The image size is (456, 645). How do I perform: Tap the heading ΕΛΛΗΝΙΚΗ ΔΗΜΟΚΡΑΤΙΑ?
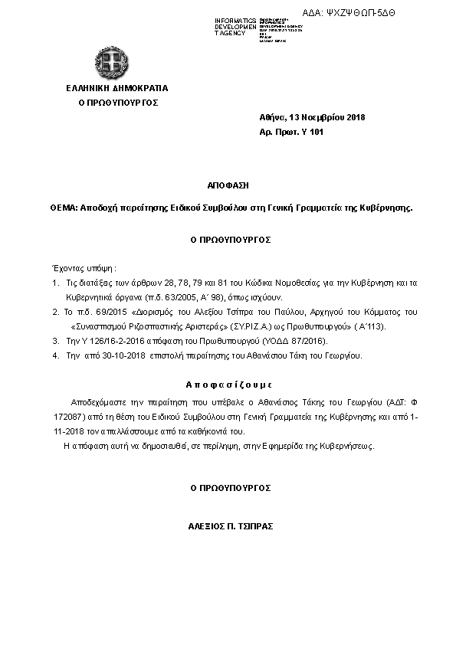tap(117, 88)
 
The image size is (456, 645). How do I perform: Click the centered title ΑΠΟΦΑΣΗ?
tap(228, 186)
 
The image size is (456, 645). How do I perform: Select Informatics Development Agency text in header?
tap(235, 27)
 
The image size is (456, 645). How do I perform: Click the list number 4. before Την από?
tap(55, 355)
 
